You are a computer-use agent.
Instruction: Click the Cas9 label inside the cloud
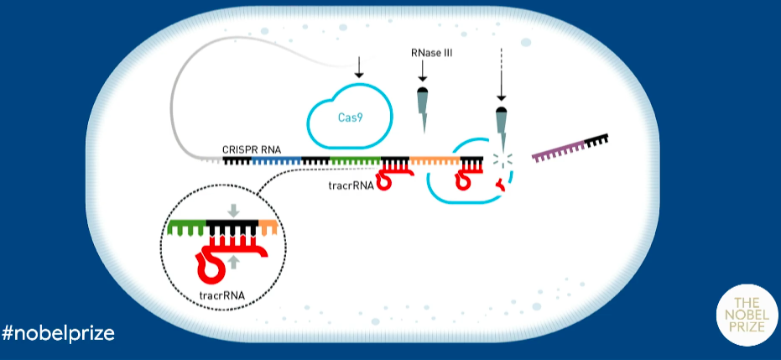[x=350, y=120]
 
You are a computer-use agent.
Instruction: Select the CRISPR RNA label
[x=252, y=149]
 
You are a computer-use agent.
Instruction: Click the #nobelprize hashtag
[x=58, y=333]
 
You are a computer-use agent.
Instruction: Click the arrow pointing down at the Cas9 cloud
[x=359, y=67]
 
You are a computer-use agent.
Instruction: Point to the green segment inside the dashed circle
[x=184, y=227]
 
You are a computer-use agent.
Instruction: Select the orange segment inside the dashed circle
[x=268, y=227]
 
